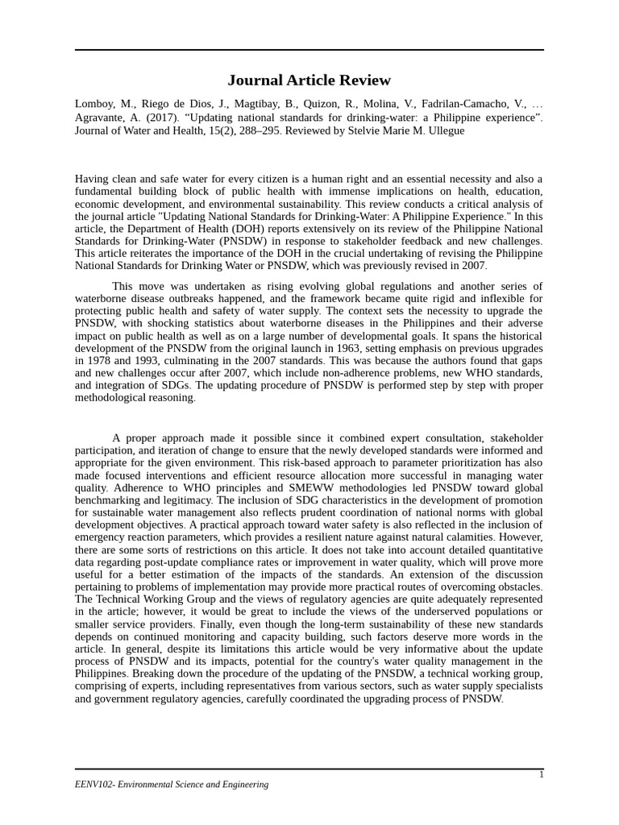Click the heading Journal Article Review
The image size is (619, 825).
(309, 80)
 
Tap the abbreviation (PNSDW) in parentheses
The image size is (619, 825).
(250, 241)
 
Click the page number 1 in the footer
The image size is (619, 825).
(541, 774)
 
